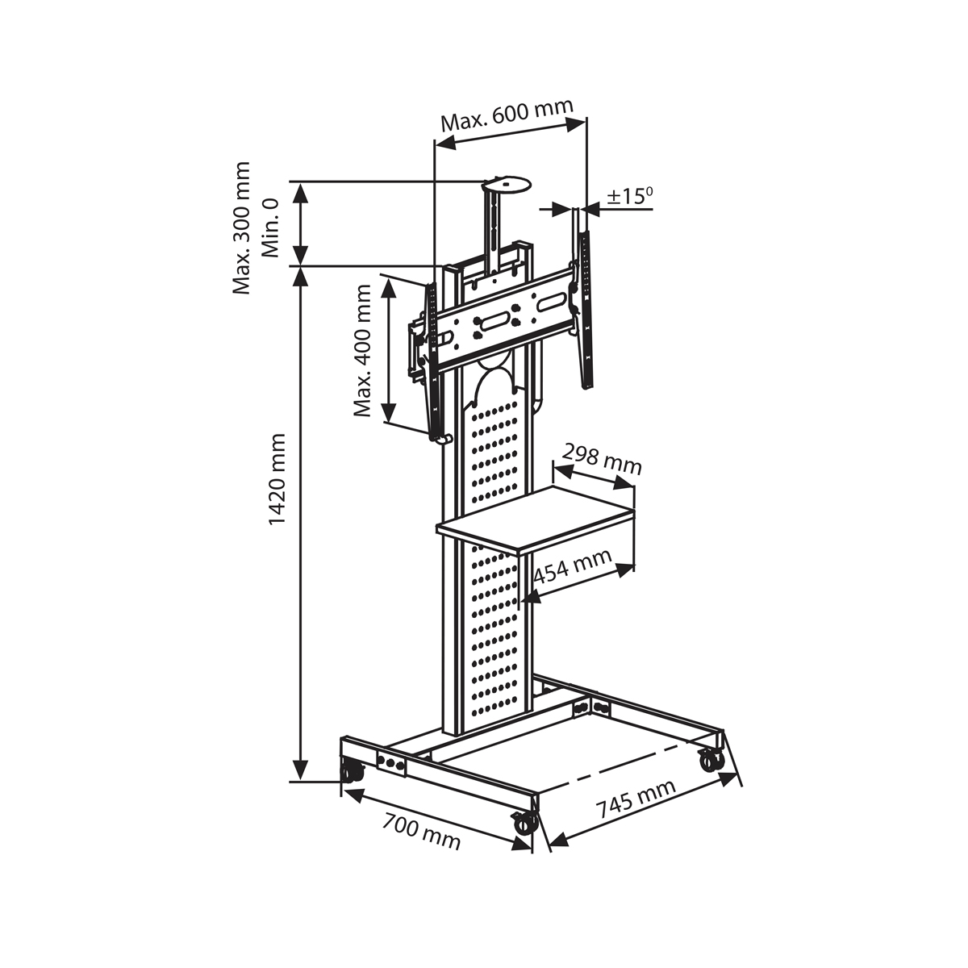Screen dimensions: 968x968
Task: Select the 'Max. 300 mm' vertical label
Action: pyautogui.click(x=241, y=227)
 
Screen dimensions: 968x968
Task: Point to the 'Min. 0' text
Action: pyautogui.click(x=270, y=227)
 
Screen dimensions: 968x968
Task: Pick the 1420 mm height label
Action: pyautogui.click(x=277, y=479)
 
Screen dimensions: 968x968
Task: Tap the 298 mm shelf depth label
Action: pyautogui.click(x=601, y=459)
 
